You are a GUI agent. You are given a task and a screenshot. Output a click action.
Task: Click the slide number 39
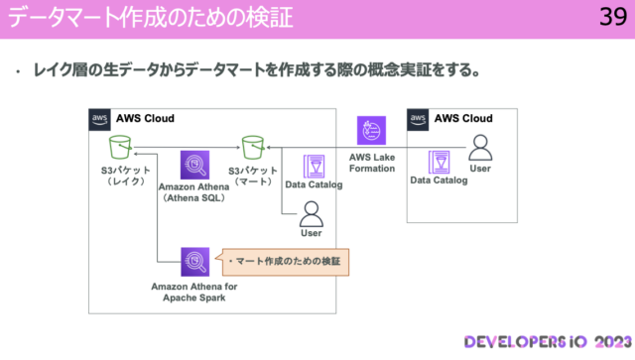610,17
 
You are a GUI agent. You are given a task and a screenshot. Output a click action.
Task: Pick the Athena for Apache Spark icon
194,262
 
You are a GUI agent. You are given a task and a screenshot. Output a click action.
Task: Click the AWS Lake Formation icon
373,132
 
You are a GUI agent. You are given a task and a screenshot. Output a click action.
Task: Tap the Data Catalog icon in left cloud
314,166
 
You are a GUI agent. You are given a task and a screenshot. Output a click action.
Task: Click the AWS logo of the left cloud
100,118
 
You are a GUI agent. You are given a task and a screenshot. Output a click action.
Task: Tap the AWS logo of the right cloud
419,118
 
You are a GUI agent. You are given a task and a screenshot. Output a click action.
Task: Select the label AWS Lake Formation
372,163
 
